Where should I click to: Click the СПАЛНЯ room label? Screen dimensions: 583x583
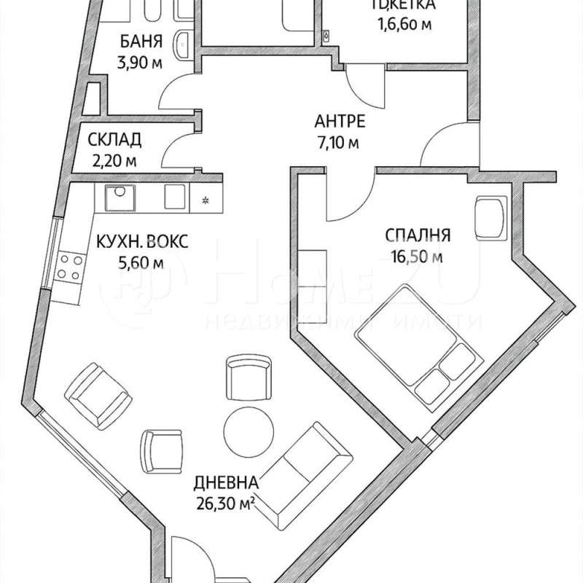coord(418,235)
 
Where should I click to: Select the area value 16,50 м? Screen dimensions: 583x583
coord(417,256)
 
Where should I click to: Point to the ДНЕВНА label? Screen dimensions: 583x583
coord(226,482)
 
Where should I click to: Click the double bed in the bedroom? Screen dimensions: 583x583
coord(417,343)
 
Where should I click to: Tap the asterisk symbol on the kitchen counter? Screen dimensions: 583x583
coord(205,199)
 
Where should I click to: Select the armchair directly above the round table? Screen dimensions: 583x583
coord(245,377)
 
